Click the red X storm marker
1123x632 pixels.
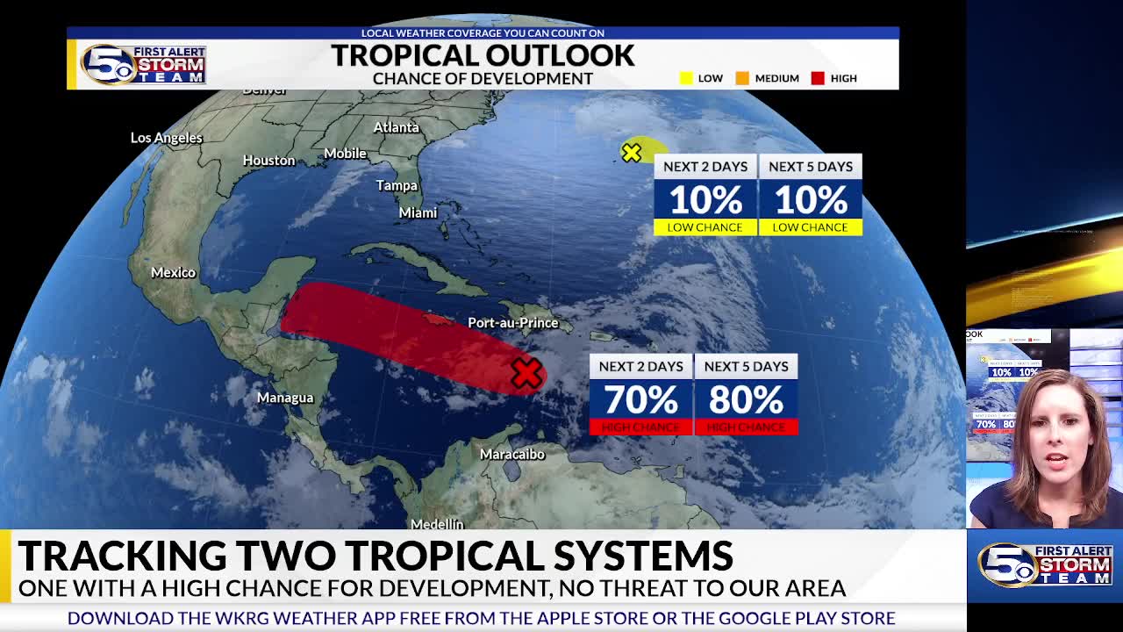point(526,374)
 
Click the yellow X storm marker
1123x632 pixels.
point(631,153)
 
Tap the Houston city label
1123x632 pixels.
point(268,160)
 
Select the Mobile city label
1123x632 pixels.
point(345,153)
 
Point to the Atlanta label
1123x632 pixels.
point(396,127)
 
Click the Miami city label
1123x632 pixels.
point(418,212)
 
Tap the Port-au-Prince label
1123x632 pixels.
point(512,322)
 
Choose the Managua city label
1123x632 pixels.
point(284,398)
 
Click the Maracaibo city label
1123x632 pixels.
point(512,454)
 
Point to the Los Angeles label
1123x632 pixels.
point(166,138)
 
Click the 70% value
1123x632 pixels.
point(640,400)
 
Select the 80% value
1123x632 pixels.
point(746,400)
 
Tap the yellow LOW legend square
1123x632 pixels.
point(686,78)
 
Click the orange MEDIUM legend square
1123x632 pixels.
point(742,78)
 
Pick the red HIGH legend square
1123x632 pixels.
point(818,78)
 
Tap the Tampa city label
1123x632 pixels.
point(397,185)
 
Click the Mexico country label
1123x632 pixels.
point(173,272)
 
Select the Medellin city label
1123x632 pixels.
point(437,524)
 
